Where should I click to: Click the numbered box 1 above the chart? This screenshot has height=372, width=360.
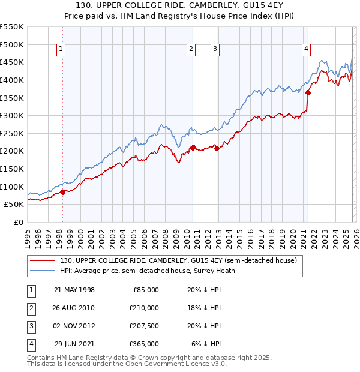click(x=62, y=50)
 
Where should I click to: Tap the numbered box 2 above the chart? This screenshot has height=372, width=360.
click(x=191, y=50)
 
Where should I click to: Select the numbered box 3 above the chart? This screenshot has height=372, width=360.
click(x=215, y=50)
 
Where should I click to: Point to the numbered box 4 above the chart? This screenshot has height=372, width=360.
click(x=306, y=50)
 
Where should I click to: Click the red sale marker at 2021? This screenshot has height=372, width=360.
click(x=308, y=92)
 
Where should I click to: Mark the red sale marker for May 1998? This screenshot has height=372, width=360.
click(x=62, y=192)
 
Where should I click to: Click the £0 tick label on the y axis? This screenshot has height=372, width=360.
click(x=19, y=222)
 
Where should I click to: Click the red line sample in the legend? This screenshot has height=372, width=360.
click(x=43, y=260)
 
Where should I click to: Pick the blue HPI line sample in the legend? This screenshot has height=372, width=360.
click(x=43, y=271)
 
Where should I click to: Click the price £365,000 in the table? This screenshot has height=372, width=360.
click(x=145, y=344)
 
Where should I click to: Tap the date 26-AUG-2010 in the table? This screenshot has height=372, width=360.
click(x=74, y=308)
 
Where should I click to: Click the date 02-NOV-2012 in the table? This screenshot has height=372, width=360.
click(x=74, y=326)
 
